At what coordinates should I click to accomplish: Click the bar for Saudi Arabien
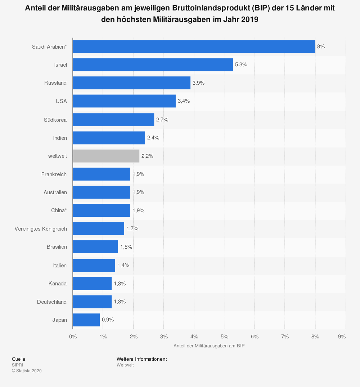[194, 46]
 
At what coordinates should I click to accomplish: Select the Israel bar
[153, 64]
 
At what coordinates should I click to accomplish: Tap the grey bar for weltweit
[106, 156]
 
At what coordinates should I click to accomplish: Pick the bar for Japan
[86, 320]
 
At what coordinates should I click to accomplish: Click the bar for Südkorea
[113, 120]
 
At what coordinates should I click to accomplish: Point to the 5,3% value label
[241, 64]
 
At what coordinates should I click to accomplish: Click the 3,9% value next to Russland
[198, 83]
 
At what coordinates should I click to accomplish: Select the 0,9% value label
[108, 320]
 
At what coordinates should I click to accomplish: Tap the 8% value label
[321, 46]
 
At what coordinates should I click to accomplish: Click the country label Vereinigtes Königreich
[40, 229]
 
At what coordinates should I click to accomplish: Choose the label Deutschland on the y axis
[52, 302]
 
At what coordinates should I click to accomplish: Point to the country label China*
[59, 210]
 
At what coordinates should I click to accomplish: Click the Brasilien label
[57, 247]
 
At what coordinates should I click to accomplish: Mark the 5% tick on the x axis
[224, 337]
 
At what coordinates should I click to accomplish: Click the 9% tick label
[342, 337]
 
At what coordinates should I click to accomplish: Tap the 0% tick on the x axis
[73, 337]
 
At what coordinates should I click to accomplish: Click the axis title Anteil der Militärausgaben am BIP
[209, 346]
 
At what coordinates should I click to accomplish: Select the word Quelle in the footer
[18, 359]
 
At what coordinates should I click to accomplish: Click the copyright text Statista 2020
[27, 371]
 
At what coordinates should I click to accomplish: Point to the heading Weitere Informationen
[141, 359]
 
